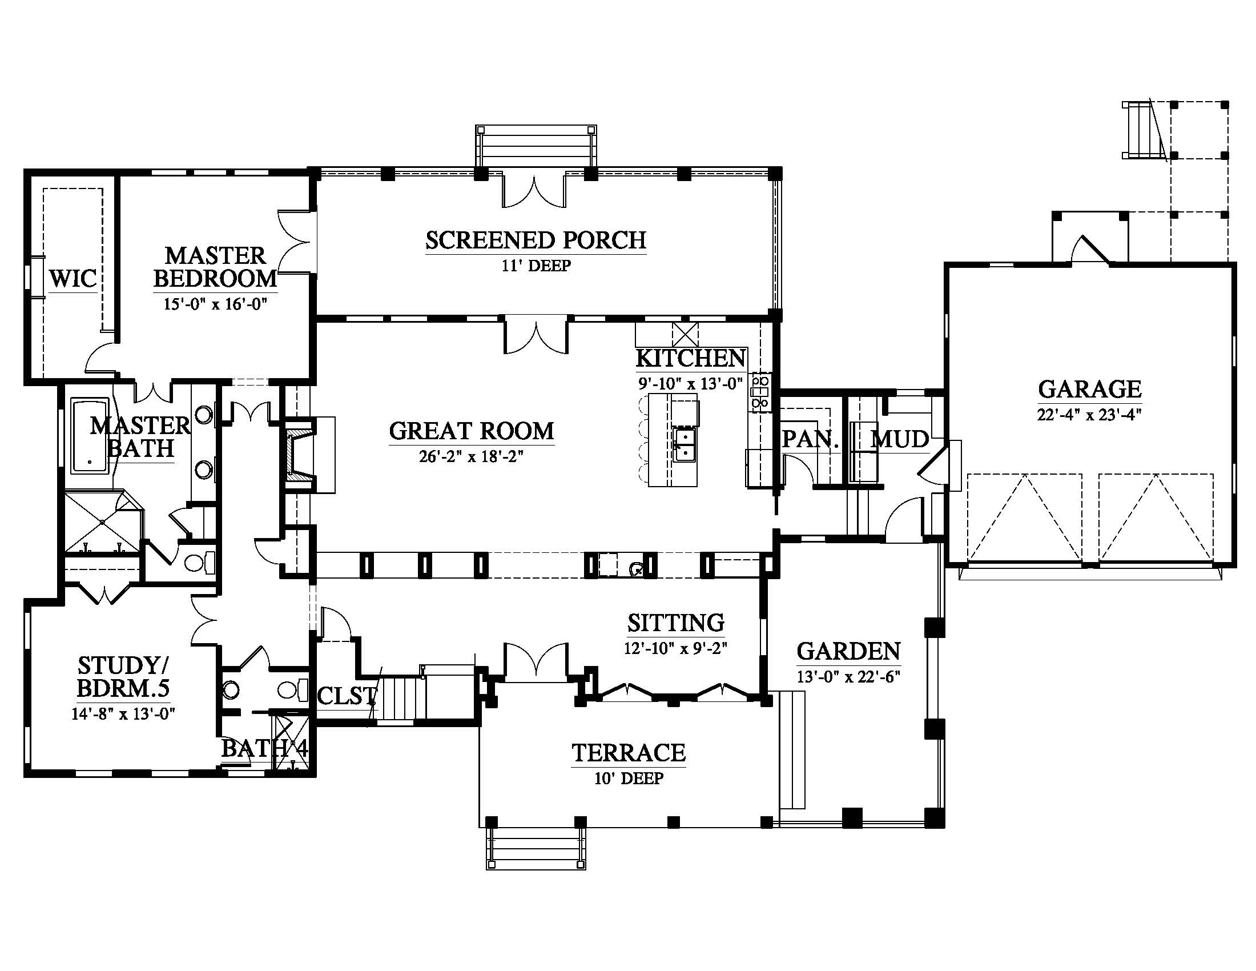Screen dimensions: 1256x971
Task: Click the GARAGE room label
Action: pyautogui.click(x=1089, y=390)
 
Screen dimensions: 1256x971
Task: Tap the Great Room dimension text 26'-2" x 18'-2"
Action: pyautogui.click(x=471, y=457)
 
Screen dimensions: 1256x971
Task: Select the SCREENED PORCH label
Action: pyautogui.click(x=536, y=240)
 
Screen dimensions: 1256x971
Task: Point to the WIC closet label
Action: pyautogui.click(x=73, y=279)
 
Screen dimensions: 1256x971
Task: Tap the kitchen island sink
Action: pyautogui.click(x=685, y=444)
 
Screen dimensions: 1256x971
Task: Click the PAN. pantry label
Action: pyautogui.click(x=809, y=440)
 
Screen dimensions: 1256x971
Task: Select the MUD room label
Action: pyautogui.click(x=899, y=439)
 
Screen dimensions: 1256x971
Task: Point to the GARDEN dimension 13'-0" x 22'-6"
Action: pyautogui.click(x=848, y=676)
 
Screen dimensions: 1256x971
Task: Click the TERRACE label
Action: pyautogui.click(x=629, y=753)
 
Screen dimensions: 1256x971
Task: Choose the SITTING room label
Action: pyautogui.click(x=676, y=623)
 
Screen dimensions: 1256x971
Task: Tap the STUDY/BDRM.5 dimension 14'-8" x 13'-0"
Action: pyautogui.click(x=123, y=714)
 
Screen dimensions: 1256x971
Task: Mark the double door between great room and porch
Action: pyautogui.click(x=536, y=336)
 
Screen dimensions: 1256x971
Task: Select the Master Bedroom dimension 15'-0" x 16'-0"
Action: pyautogui.click(x=216, y=304)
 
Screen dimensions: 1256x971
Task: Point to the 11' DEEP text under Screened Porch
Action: pyautogui.click(x=536, y=266)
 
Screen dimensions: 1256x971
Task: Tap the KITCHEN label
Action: pyautogui.click(x=691, y=358)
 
